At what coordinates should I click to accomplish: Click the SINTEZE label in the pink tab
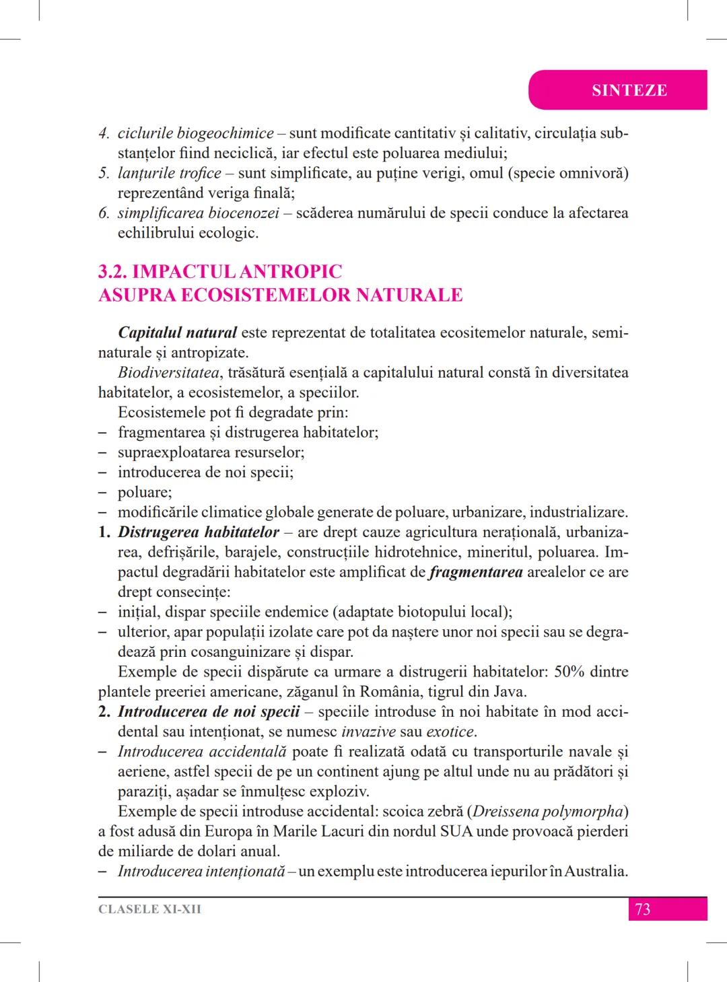click(629, 90)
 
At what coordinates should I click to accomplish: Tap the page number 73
click(642, 909)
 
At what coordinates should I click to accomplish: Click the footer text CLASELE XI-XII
click(149, 909)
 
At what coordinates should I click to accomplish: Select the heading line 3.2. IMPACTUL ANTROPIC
click(220, 272)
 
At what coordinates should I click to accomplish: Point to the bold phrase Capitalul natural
click(177, 332)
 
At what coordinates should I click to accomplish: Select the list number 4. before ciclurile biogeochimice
click(104, 133)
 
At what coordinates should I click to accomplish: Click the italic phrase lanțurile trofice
click(169, 173)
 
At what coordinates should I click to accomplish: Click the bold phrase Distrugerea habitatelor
click(198, 532)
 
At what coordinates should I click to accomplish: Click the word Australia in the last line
click(594, 872)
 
